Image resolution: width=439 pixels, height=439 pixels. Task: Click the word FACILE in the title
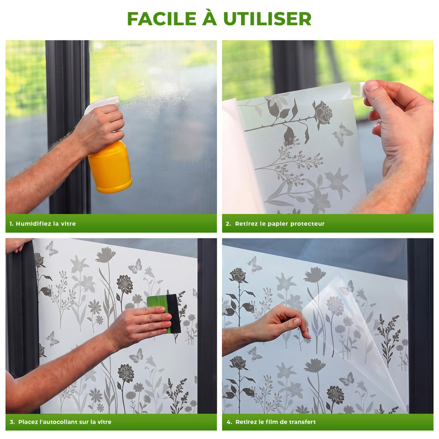point(162,19)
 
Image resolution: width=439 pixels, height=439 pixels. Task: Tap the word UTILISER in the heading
point(267,19)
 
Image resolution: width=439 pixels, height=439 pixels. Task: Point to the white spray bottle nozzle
point(101,105)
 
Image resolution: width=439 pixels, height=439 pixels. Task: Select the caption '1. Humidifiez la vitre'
point(43,224)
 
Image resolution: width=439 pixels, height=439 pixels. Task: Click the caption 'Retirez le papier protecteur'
point(280,224)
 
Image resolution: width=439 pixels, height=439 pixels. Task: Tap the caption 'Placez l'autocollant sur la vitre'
point(65,422)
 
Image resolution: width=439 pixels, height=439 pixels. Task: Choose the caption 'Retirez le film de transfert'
point(276,422)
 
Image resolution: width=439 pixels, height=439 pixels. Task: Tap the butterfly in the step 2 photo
point(343,135)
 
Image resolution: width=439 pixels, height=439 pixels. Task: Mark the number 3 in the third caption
point(12,422)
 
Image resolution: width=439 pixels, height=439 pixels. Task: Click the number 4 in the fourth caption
point(228,422)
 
